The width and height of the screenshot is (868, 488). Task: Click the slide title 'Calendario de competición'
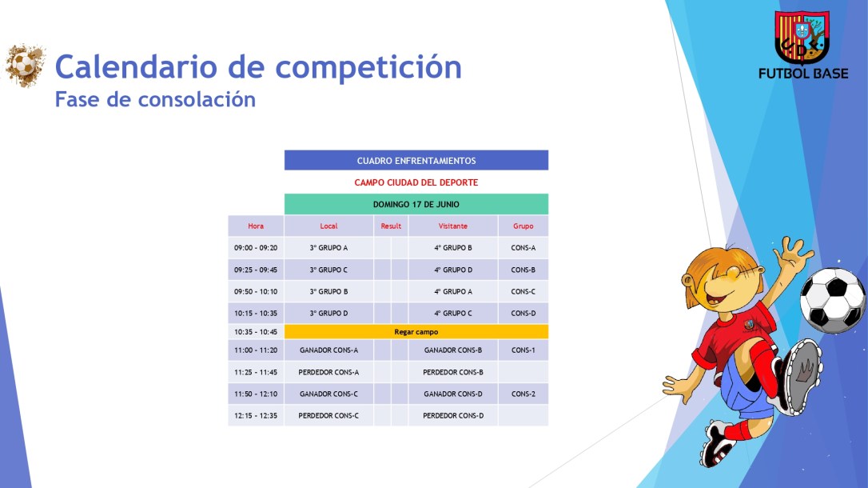[258, 67]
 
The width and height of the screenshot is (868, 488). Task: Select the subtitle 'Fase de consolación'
[155, 99]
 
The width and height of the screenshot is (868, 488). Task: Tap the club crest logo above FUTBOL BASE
[802, 38]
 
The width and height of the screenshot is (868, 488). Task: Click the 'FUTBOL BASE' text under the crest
[802, 74]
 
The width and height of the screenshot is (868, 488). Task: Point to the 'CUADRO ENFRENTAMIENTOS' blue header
[416, 161]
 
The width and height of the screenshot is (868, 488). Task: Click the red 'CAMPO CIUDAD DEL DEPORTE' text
[416, 182]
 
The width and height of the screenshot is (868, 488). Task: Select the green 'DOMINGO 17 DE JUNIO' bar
[416, 204]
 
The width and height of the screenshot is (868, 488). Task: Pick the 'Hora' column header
[256, 226]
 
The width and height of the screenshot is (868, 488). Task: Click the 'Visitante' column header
[453, 226]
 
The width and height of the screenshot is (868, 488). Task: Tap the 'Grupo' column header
[523, 226]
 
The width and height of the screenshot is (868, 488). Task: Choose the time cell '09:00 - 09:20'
[256, 248]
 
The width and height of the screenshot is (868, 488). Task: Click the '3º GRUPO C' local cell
[328, 270]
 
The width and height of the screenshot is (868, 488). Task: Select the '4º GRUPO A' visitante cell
[453, 291]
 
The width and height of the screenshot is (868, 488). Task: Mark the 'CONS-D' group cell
[523, 313]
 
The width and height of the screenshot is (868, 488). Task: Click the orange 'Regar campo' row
[416, 331]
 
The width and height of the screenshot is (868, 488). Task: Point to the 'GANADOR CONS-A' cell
[328, 350]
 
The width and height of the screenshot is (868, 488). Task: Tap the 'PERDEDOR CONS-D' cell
[453, 415]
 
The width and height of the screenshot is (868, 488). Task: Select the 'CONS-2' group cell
[523, 394]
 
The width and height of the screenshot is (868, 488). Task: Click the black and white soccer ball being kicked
[832, 300]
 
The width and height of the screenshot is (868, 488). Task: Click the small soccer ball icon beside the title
[25, 65]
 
